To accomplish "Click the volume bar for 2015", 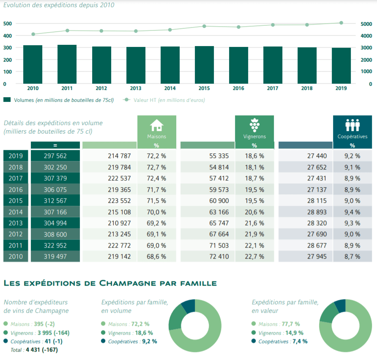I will (x=204, y=65).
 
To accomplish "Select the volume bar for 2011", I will (x=67, y=64).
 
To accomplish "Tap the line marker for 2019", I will (x=341, y=23).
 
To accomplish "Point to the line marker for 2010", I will (x=33, y=34).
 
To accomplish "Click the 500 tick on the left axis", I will (x=7, y=24).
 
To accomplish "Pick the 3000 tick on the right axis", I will (x=366, y=48).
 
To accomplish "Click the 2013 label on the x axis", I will (x=136, y=88).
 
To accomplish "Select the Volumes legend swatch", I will (x=7, y=100).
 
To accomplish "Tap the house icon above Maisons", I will (x=156, y=125).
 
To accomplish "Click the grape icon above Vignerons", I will (x=254, y=125).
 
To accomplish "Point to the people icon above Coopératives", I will (x=352, y=125).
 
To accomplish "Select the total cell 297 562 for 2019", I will (x=55, y=156).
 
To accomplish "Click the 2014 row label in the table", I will (x=16, y=212).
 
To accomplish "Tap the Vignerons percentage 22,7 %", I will (x=254, y=256).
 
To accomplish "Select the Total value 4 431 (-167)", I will (x=41, y=350).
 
